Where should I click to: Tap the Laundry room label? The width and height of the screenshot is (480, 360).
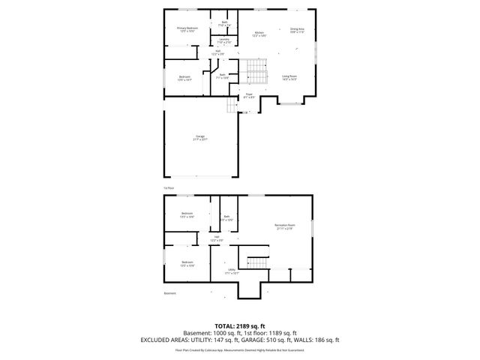(223, 41)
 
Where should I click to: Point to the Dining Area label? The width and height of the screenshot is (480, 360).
(297, 31)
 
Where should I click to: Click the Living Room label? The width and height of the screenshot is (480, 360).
(289, 77)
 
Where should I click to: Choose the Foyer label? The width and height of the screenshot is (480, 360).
(249, 96)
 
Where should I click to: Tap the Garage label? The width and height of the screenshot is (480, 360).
(200, 137)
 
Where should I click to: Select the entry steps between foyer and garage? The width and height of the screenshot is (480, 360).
(233, 106)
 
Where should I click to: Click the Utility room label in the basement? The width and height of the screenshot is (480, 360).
(232, 271)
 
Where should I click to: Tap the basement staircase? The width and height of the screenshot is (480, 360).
(258, 262)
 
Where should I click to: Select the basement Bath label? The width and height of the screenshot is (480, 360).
(226, 219)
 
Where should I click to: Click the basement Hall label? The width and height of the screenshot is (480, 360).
(217, 238)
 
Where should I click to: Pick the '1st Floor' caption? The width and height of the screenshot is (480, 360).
(169, 187)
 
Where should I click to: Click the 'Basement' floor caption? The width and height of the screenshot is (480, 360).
(170, 293)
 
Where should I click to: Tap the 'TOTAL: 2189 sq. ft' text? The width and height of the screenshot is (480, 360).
(240, 325)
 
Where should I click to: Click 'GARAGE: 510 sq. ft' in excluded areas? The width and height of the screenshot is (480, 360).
(274, 340)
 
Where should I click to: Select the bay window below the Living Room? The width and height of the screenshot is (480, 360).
(289, 102)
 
